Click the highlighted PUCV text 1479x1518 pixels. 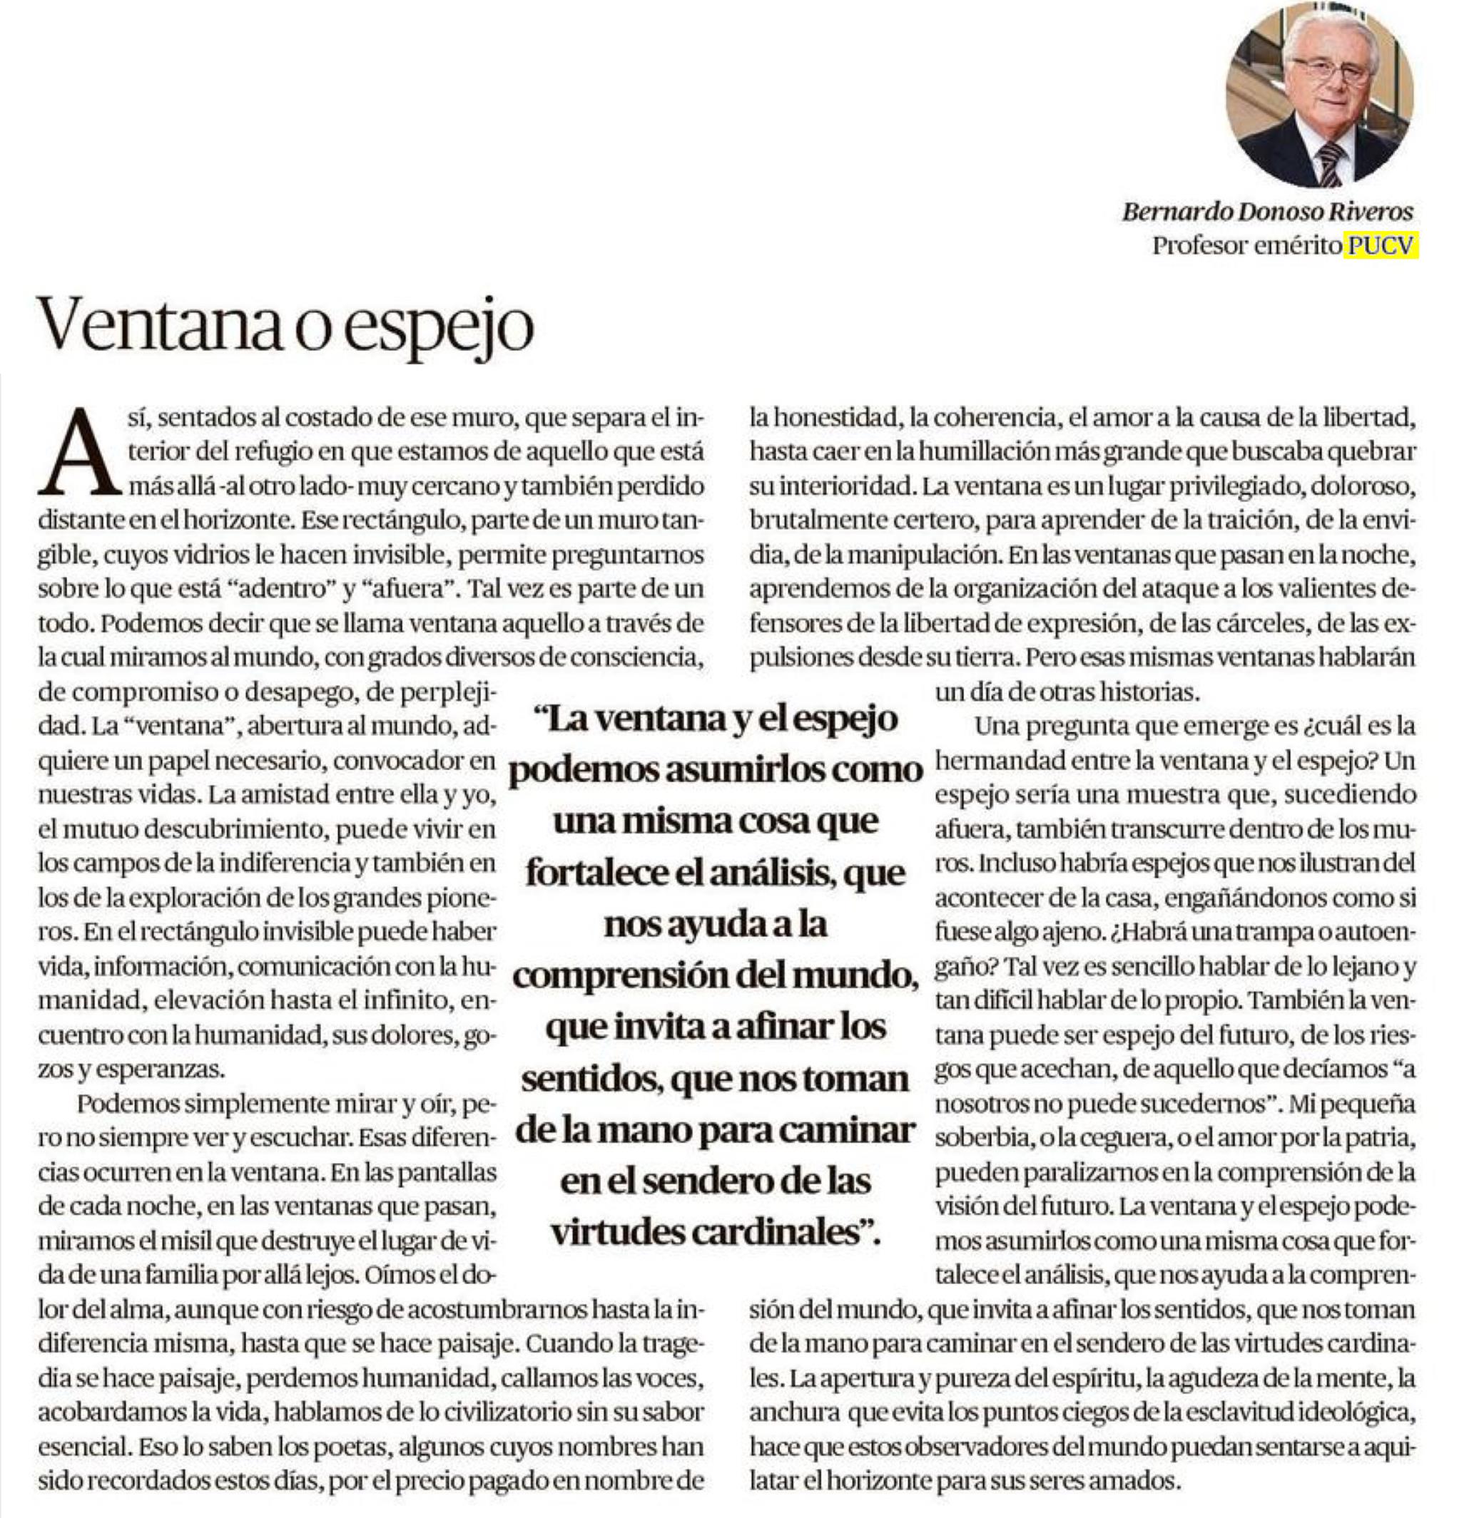click(x=1383, y=245)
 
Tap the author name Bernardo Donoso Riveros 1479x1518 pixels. click(x=1267, y=211)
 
